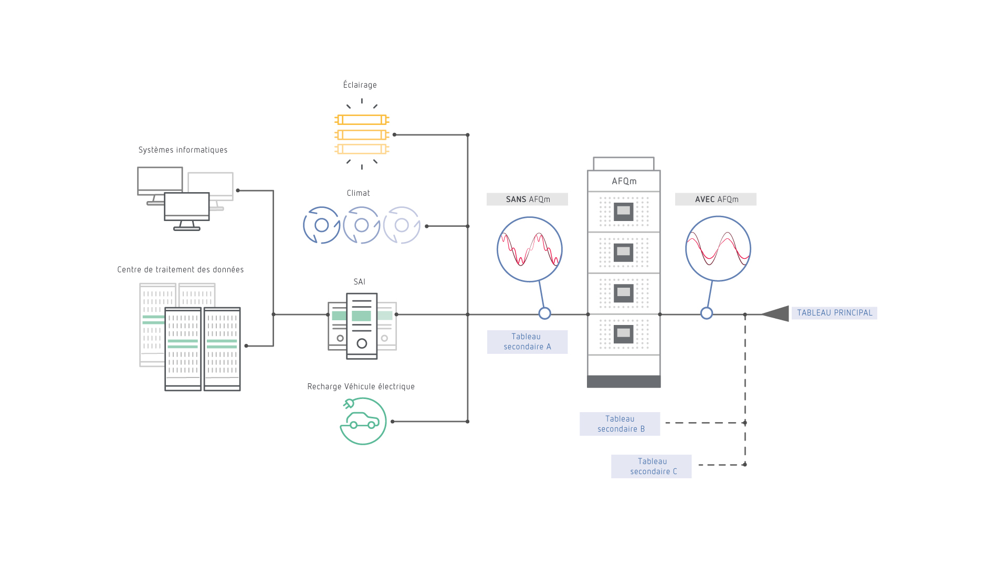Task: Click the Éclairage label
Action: click(x=360, y=85)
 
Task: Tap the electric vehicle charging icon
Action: click(x=363, y=421)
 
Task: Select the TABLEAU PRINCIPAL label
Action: click(x=834, y=313)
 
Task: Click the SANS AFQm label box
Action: click(x=527, y=199)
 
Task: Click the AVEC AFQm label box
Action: click(x=716, y=199)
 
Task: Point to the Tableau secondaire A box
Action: click(x=527, y=342)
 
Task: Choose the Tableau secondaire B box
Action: click(x=619, y=424)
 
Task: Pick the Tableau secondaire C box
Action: click(x=651, y=466)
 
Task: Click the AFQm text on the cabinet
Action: click(x=624, y=181)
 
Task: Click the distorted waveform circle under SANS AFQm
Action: click(x=529, y=249)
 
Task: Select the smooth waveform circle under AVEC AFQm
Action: click(x=718, y=248)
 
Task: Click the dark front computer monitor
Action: click(x=187, y=207)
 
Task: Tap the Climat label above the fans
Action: click(x=358, y=193)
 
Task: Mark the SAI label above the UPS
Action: click(x=359, y=282)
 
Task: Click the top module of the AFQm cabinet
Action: click(x=624, y=212)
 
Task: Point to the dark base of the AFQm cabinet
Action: click(x=624, y=382)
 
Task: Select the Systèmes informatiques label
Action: click(x=183, y=150)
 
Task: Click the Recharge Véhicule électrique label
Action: click(x=361, y=387)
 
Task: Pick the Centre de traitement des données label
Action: click(x=180, y=270)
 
